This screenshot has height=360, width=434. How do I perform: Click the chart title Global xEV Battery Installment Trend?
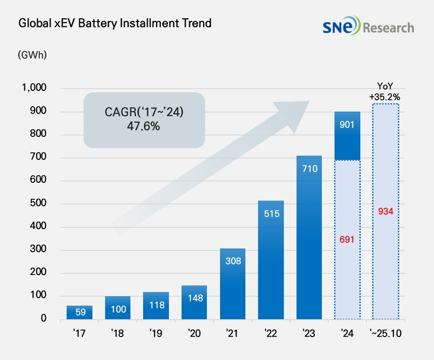115,23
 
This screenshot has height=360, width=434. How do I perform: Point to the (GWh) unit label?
32,54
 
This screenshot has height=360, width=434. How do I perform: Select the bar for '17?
79,312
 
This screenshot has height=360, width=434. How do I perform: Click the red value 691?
348,240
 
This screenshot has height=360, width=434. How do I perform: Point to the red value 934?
385,211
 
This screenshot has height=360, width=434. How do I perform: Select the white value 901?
348,125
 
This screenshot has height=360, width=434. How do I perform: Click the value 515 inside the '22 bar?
271,214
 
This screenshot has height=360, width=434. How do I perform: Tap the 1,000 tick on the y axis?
34,89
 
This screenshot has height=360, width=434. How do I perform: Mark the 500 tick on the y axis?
38,204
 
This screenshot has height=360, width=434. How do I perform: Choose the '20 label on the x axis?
194,334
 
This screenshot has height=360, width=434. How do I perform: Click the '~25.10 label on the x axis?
385,334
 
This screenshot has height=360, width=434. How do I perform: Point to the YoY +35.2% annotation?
385,91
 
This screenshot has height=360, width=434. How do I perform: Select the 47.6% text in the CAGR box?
144,126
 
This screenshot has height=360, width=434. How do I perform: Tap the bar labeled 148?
194,302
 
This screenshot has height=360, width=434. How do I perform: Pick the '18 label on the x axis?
118,334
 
